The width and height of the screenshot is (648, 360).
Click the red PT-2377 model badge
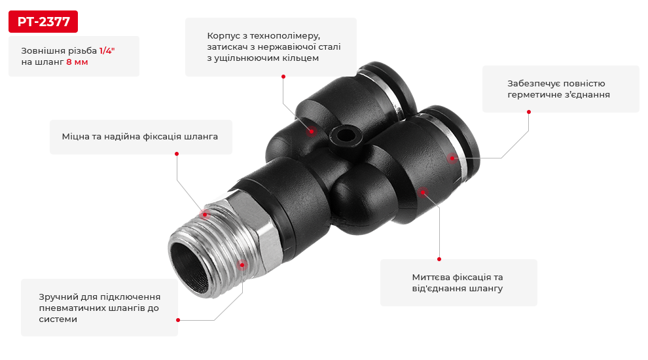click(x=43, y=22)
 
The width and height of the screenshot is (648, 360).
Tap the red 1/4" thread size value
click(x=107, y=51)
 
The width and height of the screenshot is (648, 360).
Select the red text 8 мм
click(x=77, y=62)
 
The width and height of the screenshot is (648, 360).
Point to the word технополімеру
click(x=285, y=37)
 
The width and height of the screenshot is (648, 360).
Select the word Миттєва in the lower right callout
click(x=431, y=277)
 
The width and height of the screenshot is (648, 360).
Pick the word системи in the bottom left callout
click(x=58, y=319)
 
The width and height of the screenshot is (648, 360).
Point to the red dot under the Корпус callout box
click(x=283, y=77)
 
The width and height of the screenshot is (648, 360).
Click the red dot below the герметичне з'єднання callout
click(x=529, y=111)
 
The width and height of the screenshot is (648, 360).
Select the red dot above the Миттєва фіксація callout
click(x=439, y=259)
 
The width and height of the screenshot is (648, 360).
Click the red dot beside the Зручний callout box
click(x=178, y=320)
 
